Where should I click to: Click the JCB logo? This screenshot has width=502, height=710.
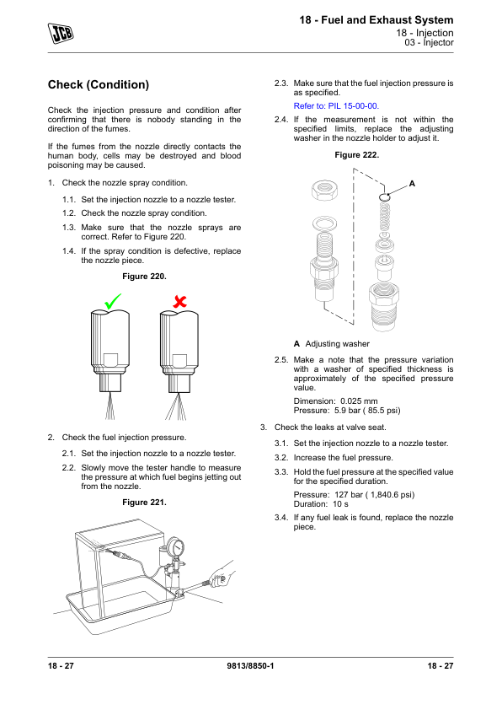click(x=61, y=33)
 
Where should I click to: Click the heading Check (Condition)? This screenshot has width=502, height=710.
click(x=99, y=84)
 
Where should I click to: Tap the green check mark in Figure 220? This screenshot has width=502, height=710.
click(x=113, y=301)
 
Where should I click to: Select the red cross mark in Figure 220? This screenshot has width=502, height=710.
click(x=180, y=301)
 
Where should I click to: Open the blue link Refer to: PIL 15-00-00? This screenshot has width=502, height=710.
click(x=336, y=106)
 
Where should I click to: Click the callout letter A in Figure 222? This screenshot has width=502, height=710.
click(x=412, y=183)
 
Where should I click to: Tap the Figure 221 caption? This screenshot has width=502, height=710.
click(x=144, y=503)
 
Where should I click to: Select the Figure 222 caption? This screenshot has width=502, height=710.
click(x=357, y=155)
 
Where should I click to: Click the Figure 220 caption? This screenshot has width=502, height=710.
click(x=144, y=277)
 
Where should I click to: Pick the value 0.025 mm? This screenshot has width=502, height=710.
click(x=359, y=401)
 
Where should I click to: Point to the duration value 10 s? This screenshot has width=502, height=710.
click(x=340, y=504)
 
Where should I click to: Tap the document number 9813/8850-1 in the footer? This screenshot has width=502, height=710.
click(x=250, y=665)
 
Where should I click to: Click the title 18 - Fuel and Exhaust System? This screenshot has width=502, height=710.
click(x=376, y=20)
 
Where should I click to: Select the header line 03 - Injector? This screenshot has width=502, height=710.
click(x=429, y=42)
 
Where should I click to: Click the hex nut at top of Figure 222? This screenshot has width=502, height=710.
click(x=324, y=190)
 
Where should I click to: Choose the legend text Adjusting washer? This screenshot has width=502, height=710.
click(x=338, y=344)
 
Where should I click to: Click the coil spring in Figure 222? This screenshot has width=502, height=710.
click(x=384, y=216)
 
